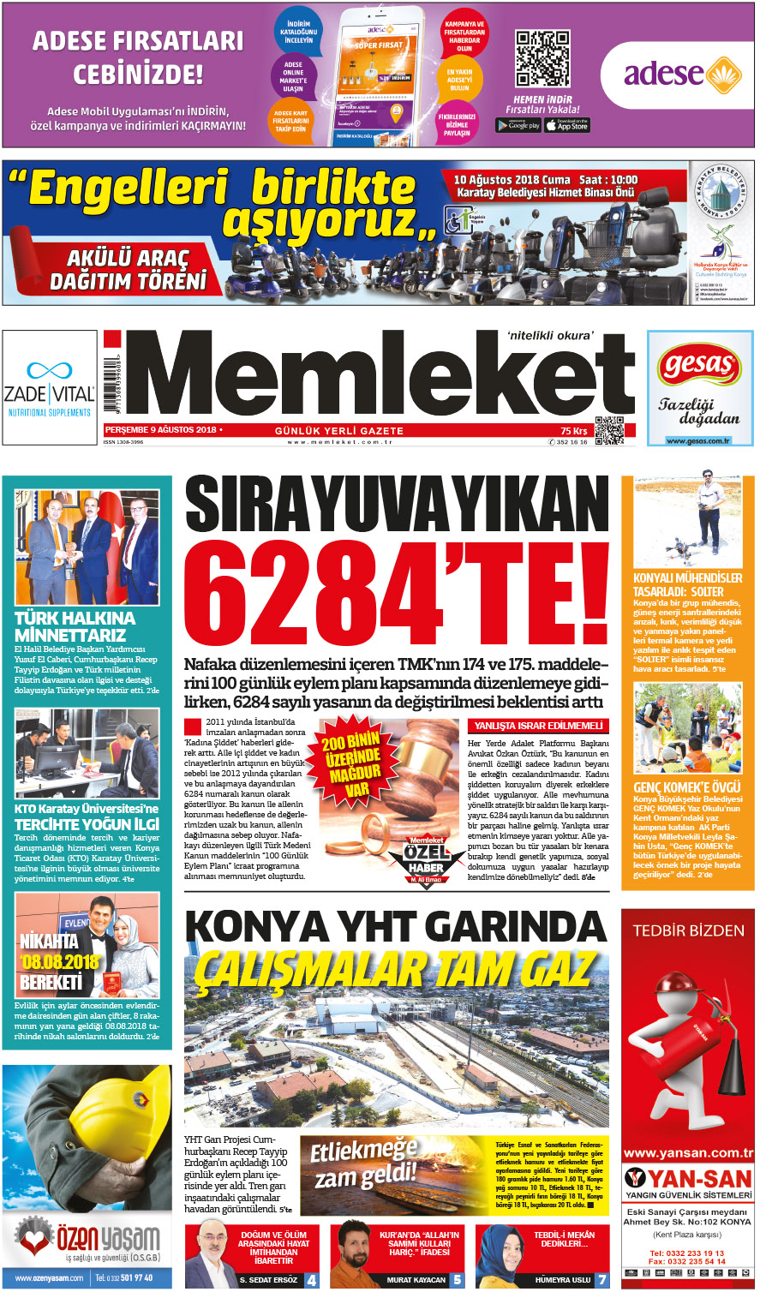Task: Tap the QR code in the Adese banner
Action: (542, 58)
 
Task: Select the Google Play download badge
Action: (518, 125)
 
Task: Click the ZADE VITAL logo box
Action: (50, 387)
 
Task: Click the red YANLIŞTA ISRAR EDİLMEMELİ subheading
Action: (539, 726)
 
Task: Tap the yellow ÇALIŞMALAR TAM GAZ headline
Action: (394, 971)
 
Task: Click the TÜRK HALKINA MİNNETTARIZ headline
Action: (75, 626)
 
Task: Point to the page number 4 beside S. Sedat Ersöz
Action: (312, 1280)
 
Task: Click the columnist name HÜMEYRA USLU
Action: (563, 1280)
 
